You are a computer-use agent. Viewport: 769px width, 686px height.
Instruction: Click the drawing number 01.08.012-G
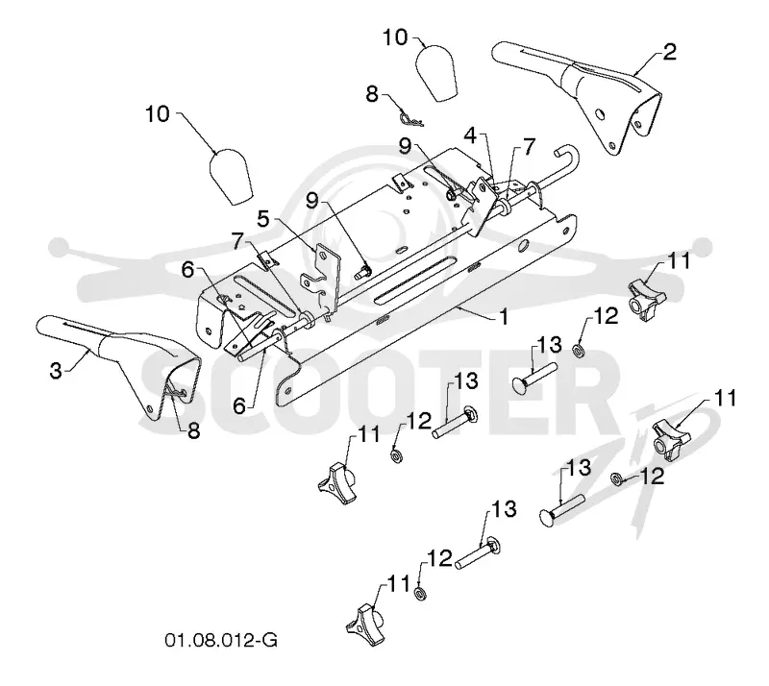(221, 640)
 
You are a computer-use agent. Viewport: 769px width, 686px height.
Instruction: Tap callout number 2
(669, 53)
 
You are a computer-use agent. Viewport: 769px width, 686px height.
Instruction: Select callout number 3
(56, 371)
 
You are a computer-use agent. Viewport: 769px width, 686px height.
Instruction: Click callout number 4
(470, 135)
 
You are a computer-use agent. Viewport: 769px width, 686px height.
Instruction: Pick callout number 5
(263, 219)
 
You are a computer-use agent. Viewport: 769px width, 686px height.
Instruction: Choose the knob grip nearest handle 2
(436, 73)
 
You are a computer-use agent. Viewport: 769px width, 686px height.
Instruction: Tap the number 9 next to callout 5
(311, 201)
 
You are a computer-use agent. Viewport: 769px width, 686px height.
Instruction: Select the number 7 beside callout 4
(528, 147)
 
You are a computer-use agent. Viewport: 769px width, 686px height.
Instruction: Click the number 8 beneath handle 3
(194, 431)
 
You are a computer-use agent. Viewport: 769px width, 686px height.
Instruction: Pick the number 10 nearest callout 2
(395, 37)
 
